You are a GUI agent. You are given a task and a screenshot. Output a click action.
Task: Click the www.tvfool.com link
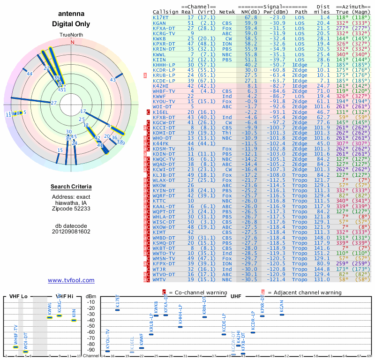pyautogui.click(x=71, y=280)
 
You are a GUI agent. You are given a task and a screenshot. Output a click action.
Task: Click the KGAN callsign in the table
pyautogui.click(x=159, y=23)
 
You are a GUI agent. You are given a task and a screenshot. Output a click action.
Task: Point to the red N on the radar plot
pyautogui.click(x=72, y=42)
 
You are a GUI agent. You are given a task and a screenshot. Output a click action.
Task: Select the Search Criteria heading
pyautogui.click(x=71, y=187)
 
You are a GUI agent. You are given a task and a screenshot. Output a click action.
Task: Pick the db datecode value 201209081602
pyautogui.click(x=71, y=231)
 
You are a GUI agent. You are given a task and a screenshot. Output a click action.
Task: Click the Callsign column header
pyautogui.click(x=166, y=12)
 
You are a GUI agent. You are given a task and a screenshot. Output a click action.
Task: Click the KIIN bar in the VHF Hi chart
pyautogui.click(x=74, y=320)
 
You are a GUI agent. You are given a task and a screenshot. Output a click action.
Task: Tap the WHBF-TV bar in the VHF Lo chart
pyautogui.click(x=15, y=347)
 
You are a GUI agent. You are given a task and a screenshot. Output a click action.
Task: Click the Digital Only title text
pyautogui.click(x=71, y=24)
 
